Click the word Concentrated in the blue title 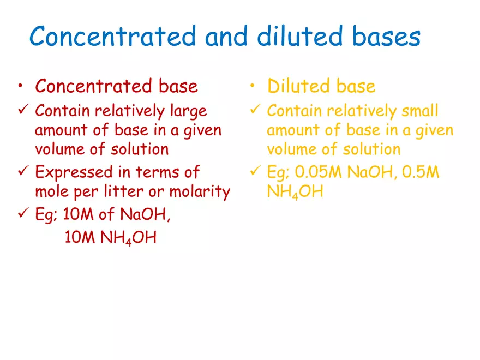pos(112,37)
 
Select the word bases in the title pos(387,37)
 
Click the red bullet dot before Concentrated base pos(20,86)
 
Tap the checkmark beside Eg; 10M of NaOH pos(22,214)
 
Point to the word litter pos(120,191)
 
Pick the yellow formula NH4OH pos(295,193)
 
